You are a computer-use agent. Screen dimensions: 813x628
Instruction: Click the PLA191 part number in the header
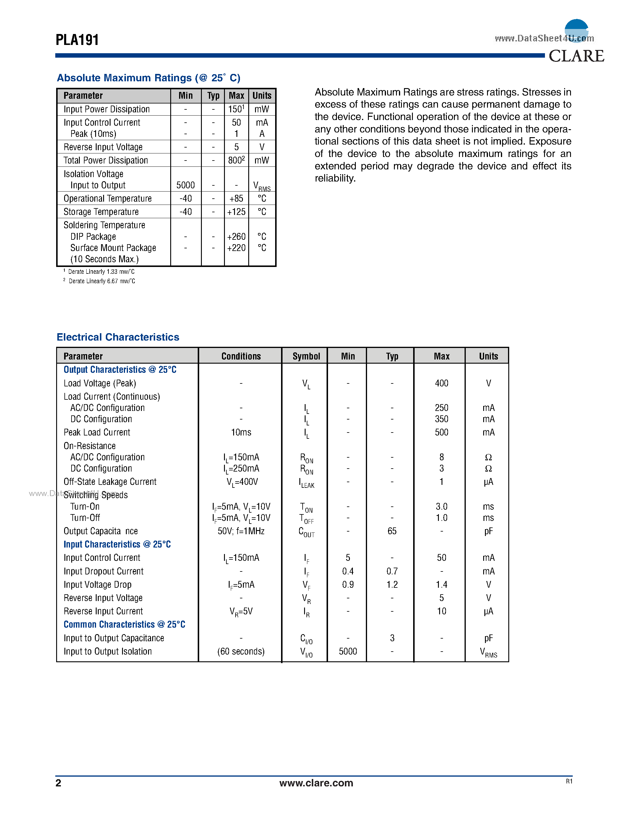[77, 40]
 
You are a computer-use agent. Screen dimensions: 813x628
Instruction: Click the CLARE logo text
[576, 56]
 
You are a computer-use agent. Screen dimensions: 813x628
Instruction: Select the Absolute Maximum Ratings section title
[148, 78]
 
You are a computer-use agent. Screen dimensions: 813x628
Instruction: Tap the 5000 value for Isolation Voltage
[185, 185]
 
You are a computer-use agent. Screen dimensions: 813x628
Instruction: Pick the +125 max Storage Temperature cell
[236, 212]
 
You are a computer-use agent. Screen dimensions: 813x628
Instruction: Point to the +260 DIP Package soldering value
[236, 237]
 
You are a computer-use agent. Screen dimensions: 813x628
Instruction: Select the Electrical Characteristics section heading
[118, 337]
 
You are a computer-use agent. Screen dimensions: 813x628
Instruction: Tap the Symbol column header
[306, 356]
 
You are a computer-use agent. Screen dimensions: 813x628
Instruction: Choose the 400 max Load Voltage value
[441, 383]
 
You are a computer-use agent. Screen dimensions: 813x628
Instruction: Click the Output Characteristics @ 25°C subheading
[120, 370]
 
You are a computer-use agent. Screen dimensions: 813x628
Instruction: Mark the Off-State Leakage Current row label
[110, 482]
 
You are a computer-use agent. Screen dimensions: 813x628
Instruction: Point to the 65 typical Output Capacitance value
[392, 531]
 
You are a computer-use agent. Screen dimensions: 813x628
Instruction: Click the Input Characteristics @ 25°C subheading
[117, 544]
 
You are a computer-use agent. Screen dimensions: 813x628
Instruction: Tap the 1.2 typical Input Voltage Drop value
[392, 584]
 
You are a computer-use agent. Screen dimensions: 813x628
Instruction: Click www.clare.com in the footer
[316, 783]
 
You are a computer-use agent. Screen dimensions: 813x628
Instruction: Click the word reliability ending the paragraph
[335, 178]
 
